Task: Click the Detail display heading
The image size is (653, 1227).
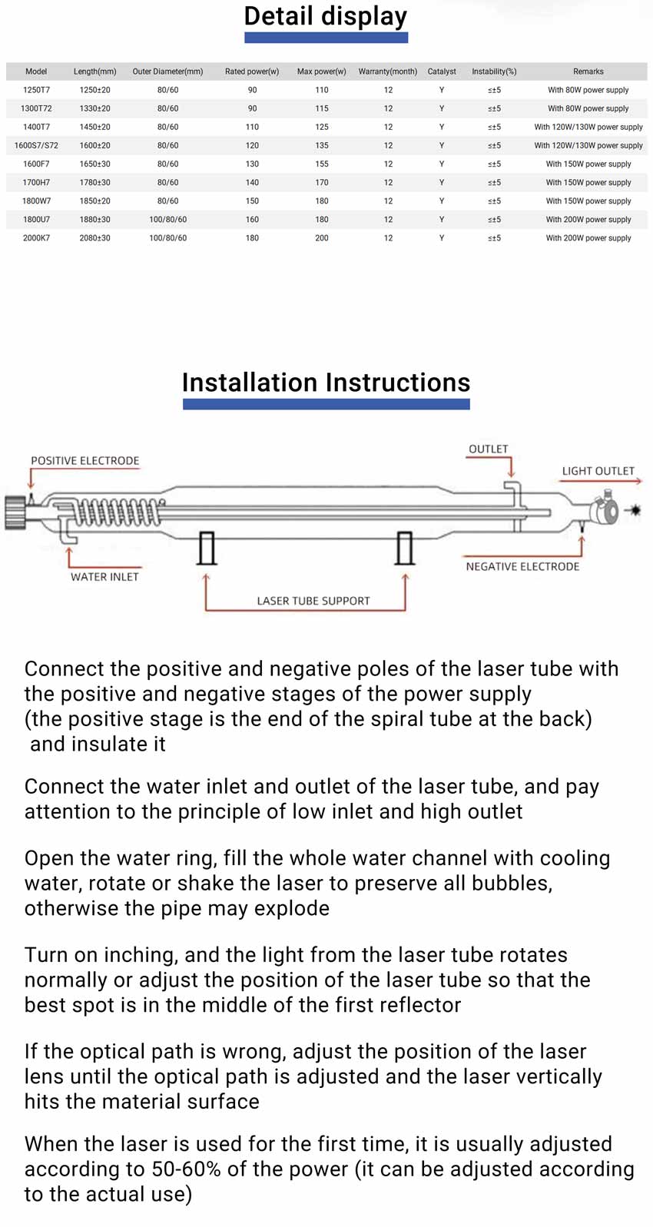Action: [x=325, y=16]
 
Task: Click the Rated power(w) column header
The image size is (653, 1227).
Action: [x=252, y=71]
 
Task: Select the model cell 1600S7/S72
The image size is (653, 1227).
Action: [x=36, y=145]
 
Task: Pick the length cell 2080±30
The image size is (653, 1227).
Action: [x=94, y=238]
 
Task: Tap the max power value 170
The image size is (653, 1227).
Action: [x=322, y=183]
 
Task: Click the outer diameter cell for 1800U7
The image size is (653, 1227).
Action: [x=167, y=220]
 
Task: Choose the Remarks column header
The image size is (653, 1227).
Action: [x=588, y=71]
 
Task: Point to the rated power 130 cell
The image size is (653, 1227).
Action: [x=252, y=164]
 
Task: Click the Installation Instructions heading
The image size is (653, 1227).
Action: [x=326, y=383]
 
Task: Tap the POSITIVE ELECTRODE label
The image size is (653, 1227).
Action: [x=85, y=461]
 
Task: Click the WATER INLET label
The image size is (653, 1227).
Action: [x=104, y=577]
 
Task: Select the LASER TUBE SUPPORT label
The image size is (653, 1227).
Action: [x=313, y=601]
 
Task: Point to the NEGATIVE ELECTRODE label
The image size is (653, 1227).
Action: [x=522, y=566]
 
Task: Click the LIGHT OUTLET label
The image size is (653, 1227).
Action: [x=598, y=471]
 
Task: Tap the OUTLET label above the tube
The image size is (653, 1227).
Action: [x=488, y=449]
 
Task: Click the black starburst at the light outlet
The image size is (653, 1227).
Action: [x=635, y=509]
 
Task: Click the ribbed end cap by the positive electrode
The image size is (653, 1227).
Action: [x=15, y=512]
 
